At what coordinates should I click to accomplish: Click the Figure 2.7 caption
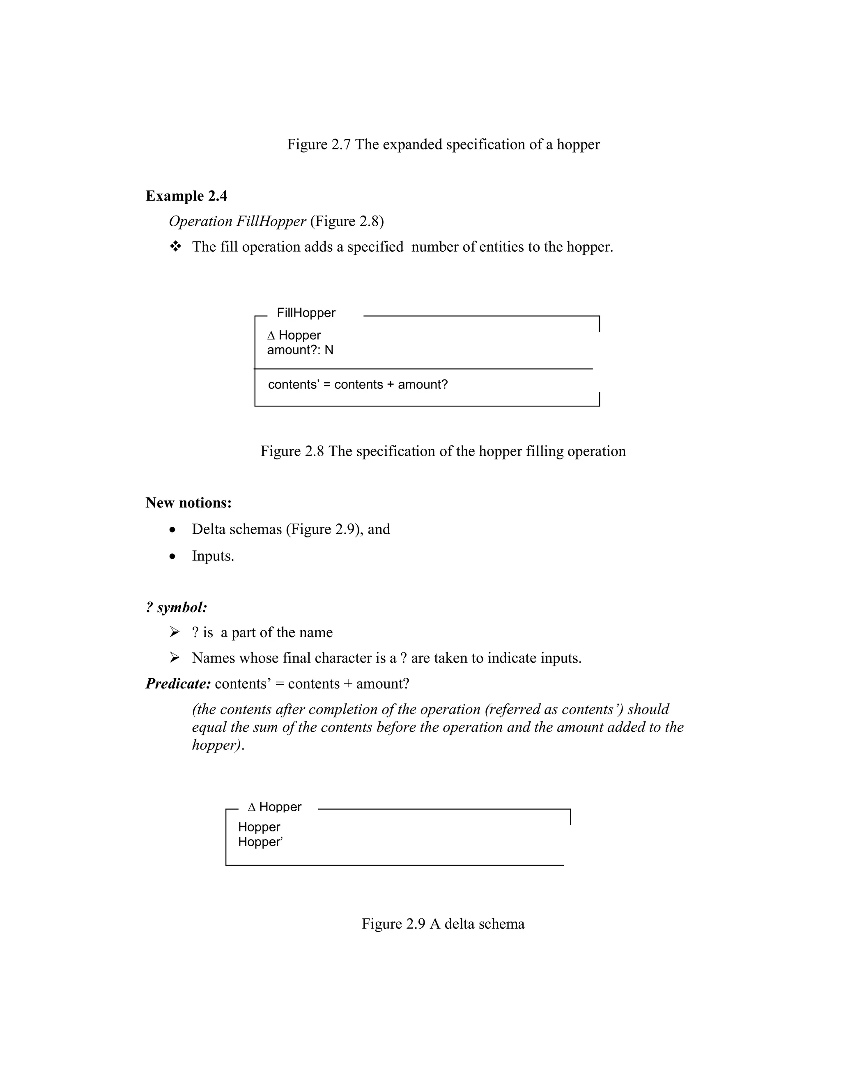click(x=443, y=145)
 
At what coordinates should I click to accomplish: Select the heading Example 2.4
click(x=186, y=196)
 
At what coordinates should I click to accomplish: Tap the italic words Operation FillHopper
click(x=237, y=221)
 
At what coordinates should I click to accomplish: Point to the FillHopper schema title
click(x=306, y=313)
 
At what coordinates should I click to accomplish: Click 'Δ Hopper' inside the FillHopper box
click(x=294, y=335)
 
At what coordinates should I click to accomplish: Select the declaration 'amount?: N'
click(x=300, y=350)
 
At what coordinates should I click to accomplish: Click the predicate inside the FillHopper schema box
click(x=358, y=385)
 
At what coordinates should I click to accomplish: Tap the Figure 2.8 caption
click(x=443, y=451)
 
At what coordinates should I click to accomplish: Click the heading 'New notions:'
click(x=188, y=503)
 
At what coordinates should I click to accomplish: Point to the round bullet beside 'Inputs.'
click(x=172, y=556)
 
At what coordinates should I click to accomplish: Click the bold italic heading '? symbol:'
click(x=176, y=607)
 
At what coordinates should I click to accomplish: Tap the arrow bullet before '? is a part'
click(x=175, y=632)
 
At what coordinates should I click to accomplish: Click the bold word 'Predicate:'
click(x=178, y=684)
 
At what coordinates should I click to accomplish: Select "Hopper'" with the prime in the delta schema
click(x=260, y=842)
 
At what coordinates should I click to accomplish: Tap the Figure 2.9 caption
click(x=443, y=924)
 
